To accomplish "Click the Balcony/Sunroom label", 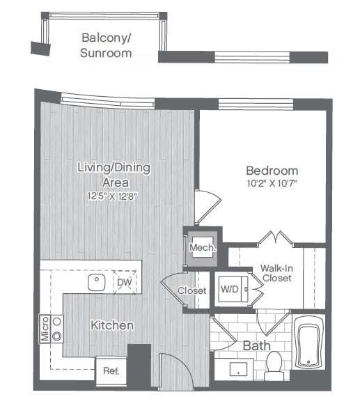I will [107, 45].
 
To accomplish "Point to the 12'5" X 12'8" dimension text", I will [113, 196].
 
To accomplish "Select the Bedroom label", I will [272, 171].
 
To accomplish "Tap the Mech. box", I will [203, 247].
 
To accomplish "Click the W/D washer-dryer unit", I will [229, 288].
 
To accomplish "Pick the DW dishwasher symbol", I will [124, 282].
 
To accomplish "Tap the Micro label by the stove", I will [44, 329].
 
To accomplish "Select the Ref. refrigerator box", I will [111, 370].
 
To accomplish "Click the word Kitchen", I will [111, 325].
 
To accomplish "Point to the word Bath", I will [256, 345].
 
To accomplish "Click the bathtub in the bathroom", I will [308, 343].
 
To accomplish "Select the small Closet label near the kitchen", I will [191, 290].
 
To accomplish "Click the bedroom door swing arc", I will [205, 205].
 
